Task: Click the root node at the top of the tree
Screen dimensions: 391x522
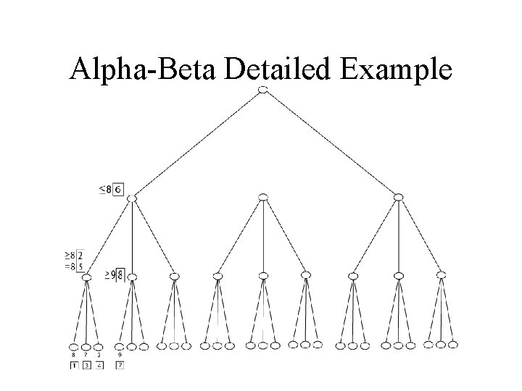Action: click(263, 89)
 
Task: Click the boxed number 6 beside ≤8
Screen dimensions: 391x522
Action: click(118, 190)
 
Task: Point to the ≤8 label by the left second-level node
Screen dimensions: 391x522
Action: click(105, 190)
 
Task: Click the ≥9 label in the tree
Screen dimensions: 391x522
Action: click(110, 274)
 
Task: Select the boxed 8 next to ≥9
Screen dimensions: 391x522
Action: click(120, 274)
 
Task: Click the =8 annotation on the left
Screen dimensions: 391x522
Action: click(70, 266)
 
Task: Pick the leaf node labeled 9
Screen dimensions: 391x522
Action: click(120, 346)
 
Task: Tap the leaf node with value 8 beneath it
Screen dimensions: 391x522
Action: click(74, 346)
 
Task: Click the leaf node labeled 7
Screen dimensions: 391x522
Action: click(86, 346)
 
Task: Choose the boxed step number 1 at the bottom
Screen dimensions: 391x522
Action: click(74, 366)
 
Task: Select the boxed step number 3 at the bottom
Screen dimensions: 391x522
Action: click(86, 366)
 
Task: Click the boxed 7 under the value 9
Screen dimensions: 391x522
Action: click(120, 366)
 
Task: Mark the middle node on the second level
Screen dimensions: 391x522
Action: click(263, 196)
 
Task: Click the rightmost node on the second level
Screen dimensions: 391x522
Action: click(398, 196)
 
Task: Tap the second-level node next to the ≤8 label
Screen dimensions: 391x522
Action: click(132, 196)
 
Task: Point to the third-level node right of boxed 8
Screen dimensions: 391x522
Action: click(132, 275)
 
